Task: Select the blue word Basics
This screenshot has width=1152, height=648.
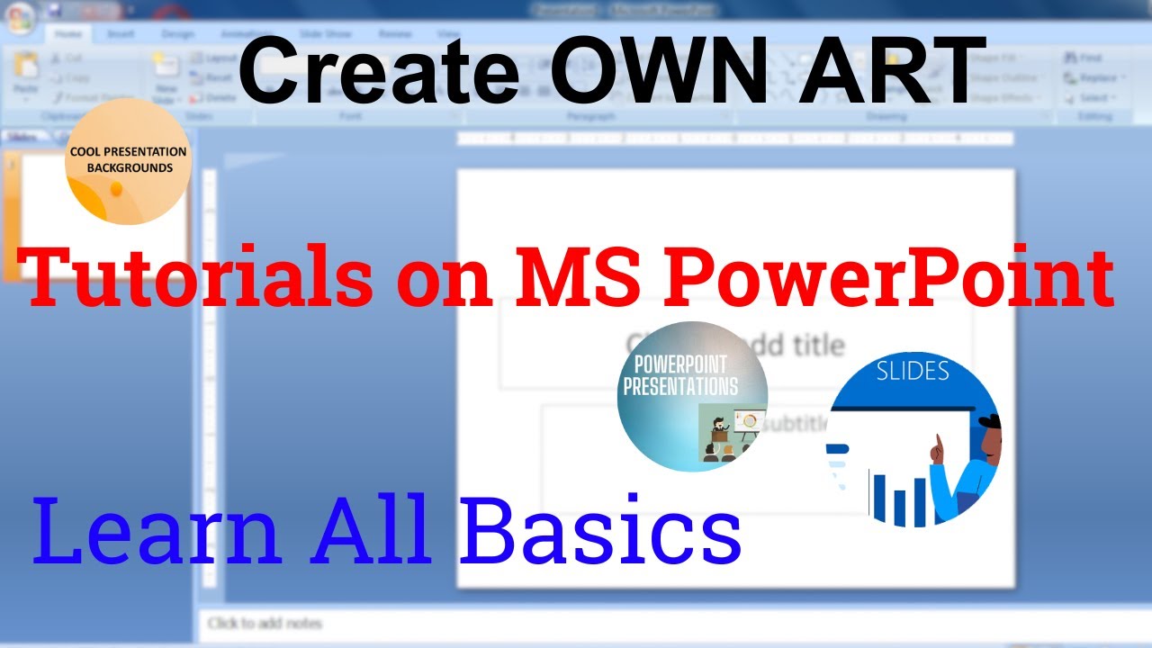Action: click(600, 533)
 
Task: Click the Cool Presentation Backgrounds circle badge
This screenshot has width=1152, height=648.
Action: click(128, 164)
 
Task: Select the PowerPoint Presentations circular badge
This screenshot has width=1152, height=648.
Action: click(692, 396)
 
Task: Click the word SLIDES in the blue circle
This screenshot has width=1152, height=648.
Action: click(913, 371)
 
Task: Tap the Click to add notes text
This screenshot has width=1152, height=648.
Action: click(265, 623)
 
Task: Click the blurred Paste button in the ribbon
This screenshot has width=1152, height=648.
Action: click(25, 76)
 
